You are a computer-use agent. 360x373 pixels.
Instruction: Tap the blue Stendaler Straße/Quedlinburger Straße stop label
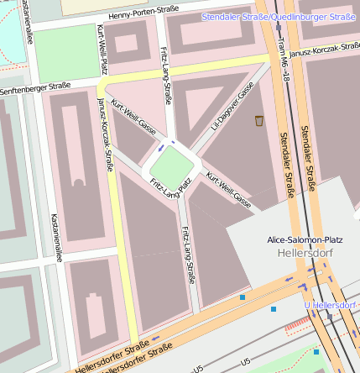279,17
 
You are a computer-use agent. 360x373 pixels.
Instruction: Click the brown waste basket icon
259,121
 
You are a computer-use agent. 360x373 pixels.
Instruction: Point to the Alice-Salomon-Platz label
305,239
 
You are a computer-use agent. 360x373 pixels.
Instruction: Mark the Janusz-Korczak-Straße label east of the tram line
324,49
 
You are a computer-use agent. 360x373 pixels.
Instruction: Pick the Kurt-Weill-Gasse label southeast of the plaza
228,190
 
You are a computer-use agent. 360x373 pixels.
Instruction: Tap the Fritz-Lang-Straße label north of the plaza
165,76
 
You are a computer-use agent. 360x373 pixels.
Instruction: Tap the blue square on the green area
316,351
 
